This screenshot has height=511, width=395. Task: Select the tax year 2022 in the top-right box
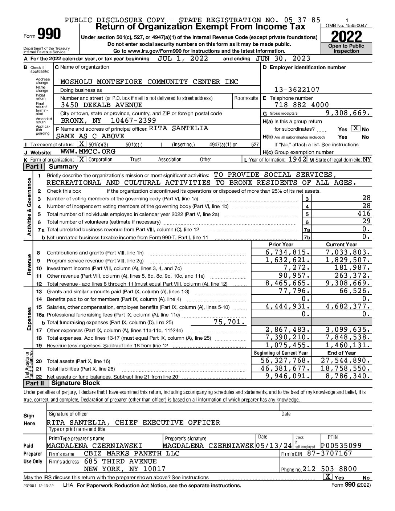tap(346, 37)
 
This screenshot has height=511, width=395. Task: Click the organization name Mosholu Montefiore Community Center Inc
tap(149, 82)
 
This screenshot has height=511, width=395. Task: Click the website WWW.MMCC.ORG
tap(88, 152)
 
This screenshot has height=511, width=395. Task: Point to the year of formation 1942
tap(297, 159)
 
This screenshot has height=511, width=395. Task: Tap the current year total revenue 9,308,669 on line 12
tap(348, 283)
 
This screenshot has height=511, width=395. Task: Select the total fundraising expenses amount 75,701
tap(230, 322)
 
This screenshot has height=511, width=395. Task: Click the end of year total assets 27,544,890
tap(346, 360)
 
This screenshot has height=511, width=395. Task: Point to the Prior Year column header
tap(281, 244)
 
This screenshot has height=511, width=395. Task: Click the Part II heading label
tap(34, 383)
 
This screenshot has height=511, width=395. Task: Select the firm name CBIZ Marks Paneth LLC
tap(132, 453)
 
